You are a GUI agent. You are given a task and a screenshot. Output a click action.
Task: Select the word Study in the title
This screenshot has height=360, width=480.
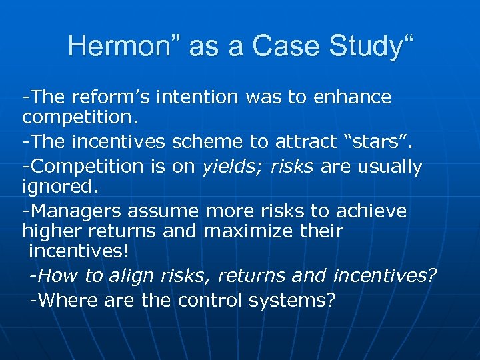pos(363,46)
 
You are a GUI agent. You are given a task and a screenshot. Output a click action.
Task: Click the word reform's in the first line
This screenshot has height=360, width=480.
pos(107,97)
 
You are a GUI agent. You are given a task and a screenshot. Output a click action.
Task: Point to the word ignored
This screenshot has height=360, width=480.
pos(60,187)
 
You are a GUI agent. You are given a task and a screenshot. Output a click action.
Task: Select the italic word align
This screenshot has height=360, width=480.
pos(140,276)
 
